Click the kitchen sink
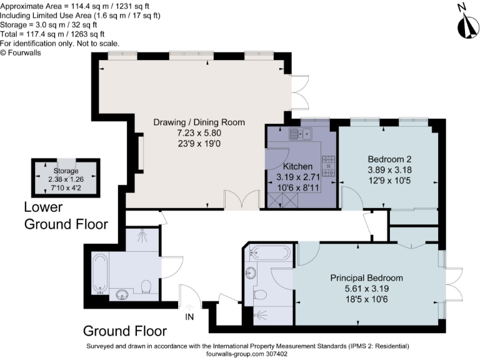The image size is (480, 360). [301, 133]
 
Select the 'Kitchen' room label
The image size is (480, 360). [297, 167]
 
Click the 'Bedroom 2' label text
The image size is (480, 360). [389, 159]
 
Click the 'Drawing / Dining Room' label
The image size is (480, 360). [199, 122]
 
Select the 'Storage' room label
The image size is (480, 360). [66, 171]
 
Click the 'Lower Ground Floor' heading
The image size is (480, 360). [66, 216]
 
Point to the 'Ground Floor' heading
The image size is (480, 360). [124, 331]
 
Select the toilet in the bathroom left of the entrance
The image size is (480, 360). [146, 287]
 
